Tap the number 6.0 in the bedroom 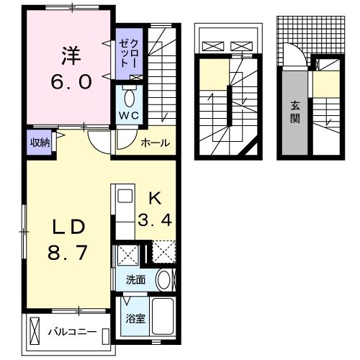point(71,81)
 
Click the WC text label point(130,116)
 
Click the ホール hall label point(155,143)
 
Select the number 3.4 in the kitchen point(155,220)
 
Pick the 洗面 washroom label point(135,279)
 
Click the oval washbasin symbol point(164,279)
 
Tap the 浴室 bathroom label point(135,318)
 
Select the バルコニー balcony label point(73,333)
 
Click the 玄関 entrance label point(295,112)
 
